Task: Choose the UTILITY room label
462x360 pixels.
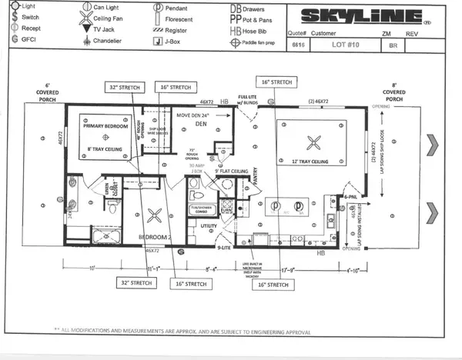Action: pos(209,226)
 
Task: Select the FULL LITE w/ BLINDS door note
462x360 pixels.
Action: pos(246,101)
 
